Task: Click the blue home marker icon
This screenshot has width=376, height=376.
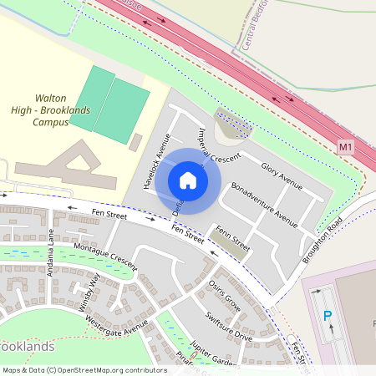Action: [188, 180]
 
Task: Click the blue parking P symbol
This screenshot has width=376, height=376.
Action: [327, 317]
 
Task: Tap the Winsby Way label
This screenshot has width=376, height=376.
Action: [89, 291]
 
